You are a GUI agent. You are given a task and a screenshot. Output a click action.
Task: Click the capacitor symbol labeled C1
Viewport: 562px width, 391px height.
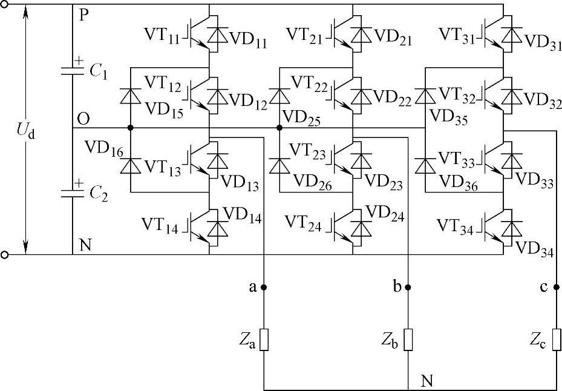(x=72, y=70)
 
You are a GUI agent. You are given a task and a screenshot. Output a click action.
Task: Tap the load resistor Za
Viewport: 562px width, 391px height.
(x=264, y=340)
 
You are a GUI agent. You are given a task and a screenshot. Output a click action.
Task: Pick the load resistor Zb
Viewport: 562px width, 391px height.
(x=408, y=340)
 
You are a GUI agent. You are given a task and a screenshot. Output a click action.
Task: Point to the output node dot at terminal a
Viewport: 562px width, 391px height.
(x=264, y=287)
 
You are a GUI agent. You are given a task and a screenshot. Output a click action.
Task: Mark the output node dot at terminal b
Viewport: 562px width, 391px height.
(x=408, y=287)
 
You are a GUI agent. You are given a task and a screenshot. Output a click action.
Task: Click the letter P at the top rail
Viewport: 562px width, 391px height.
(x=83, y=15)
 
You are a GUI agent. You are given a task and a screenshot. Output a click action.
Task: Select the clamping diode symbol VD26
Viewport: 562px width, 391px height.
(x=279, y=165)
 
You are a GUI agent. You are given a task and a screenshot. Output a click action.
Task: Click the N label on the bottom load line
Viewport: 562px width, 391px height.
(x=427, y=381)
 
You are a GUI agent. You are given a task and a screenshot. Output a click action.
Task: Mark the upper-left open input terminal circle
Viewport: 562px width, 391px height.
(x=5, y=5)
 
